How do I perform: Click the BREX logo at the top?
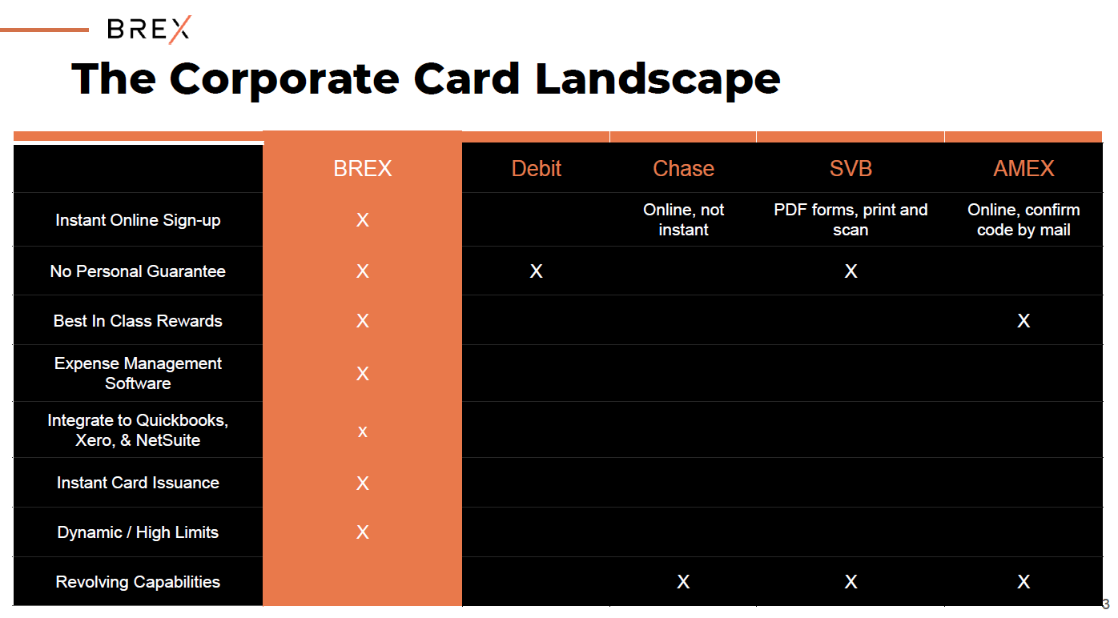point(149,29)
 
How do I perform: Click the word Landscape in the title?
point(658,80)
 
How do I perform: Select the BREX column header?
point(362,169)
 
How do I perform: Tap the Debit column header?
point(536,169)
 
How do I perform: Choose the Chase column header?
point(683,169)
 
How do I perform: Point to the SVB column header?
point(851,169)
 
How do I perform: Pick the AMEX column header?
point(1023,169)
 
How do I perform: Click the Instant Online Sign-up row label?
point(138,220)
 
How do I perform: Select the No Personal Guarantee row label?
point(138,271)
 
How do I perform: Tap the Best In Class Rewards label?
point(138,321)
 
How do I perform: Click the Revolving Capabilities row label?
point(138,582)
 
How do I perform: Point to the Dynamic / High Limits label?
point(138,532)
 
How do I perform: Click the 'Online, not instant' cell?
point(683,219)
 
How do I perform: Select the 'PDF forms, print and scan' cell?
point(851,219)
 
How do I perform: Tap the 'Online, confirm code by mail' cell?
point(1023,219)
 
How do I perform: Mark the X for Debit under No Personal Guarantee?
point(536,271)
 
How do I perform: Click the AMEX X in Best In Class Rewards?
point(1023,321)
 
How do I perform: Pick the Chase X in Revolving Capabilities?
point(683,582)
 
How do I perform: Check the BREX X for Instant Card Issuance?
point(362,483)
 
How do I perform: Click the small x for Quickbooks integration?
point(362,432)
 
